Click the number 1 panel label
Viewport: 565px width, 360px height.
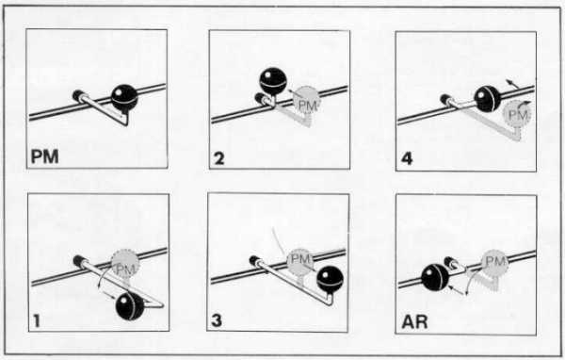click(36, 321)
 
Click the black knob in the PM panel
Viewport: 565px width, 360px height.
click(124, 95)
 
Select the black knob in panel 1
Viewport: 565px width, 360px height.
click(130, 305)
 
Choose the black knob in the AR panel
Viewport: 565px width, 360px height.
click(434, 277)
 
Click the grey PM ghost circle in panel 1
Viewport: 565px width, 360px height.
click(122, 266)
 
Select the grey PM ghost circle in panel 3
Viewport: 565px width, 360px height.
click(299, 258)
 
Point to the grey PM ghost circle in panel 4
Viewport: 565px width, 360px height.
click(517, 115)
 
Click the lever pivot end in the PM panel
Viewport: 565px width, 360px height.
click(79, 95)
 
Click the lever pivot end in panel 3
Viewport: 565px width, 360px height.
click(252, 260)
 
